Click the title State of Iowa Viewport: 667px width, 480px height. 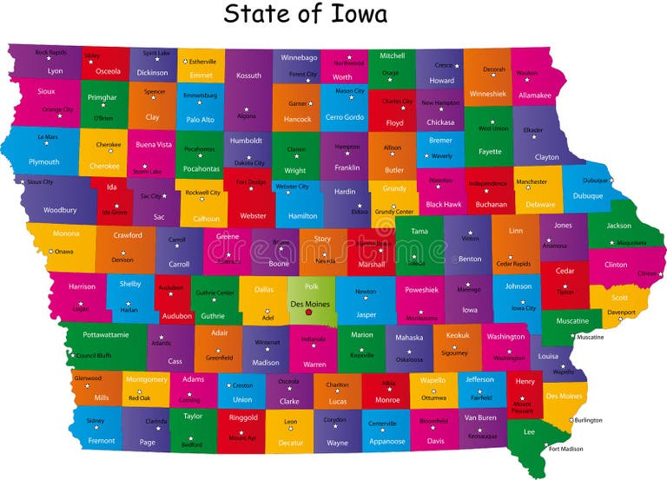point(305,15)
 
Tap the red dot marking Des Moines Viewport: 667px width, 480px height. point(309,312)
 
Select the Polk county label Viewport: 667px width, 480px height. point(312,286)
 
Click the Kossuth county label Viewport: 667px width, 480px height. point(248,76)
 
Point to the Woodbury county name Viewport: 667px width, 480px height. point(60,209)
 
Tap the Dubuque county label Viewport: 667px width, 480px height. point(588,196)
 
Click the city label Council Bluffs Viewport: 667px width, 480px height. point(94,355)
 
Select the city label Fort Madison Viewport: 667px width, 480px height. point(565,449)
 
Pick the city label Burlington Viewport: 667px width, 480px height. point(588,420)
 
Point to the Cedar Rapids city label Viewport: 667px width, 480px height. point(513,263)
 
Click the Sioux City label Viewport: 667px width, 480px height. point(40,181)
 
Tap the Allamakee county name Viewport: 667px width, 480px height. point(535,95)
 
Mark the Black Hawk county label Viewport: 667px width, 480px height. point(444,204)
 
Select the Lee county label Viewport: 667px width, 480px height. point(528,431)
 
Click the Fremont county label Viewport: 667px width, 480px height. point(102,440)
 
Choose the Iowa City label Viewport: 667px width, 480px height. point(524,307)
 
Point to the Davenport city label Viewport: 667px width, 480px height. point(621,312)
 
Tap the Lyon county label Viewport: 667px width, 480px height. point(55,71)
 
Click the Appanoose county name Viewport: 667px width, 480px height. point(388,441)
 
